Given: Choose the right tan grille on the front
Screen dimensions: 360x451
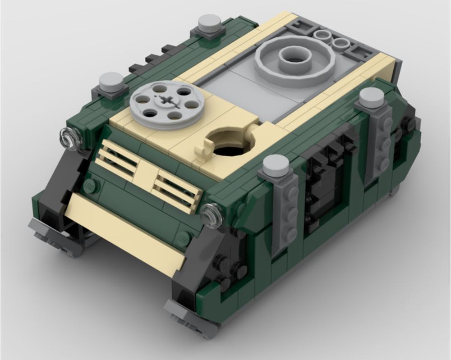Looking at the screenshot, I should pyautogui.click(x=177, y=191).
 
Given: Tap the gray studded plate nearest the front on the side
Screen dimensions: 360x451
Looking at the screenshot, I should pyautogui.click(x=284, y=212).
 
